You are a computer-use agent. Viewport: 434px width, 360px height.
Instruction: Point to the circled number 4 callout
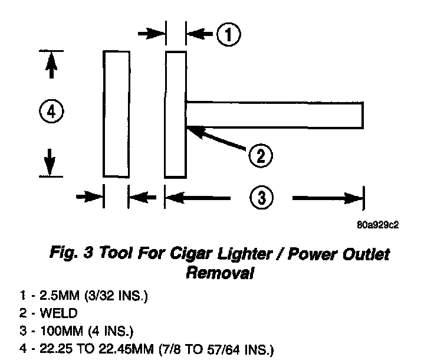[x=51, y=112]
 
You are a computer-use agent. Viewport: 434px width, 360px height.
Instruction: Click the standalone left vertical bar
[x=117, y=113]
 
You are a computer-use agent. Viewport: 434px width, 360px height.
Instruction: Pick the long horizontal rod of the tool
[x=274, y=114]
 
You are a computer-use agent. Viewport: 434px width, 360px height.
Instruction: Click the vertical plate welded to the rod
[x=176, y=113]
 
